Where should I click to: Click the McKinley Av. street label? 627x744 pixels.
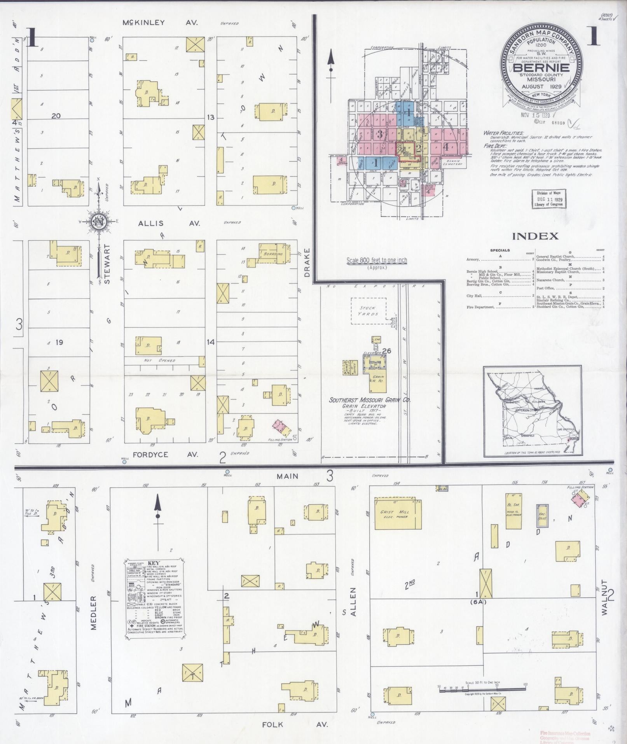click(160, 23)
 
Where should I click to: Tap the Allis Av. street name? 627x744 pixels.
click(169, 223)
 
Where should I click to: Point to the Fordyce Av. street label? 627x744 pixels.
click(166, 454)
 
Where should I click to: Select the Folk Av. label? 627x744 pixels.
click(295, 725)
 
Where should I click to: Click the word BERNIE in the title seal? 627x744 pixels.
click(541, 67)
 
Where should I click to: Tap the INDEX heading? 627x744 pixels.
click(535, 236)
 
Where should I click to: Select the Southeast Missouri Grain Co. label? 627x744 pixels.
click(370, 400)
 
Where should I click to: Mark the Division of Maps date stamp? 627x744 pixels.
click(548, 199)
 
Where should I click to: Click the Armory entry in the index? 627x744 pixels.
click(473, 259)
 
